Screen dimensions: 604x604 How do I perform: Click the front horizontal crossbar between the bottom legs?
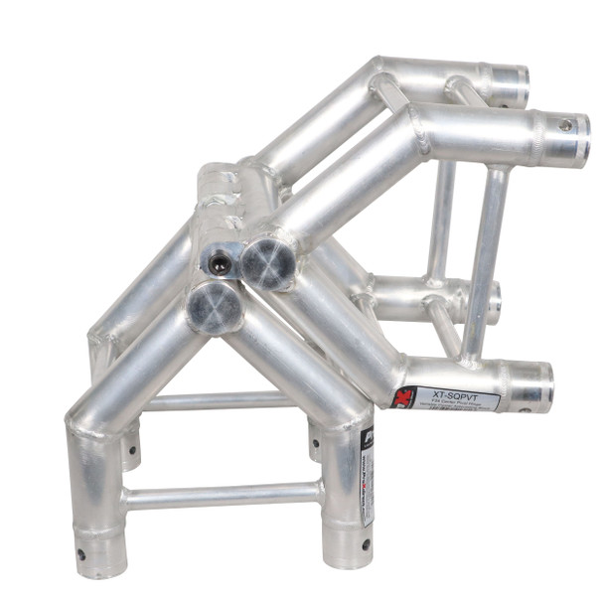(223, 494)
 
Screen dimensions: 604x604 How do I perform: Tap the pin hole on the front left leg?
(80, 553)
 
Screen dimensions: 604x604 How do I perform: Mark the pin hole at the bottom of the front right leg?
(366, 544)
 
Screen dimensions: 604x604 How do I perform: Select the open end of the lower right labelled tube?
(534, 386)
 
